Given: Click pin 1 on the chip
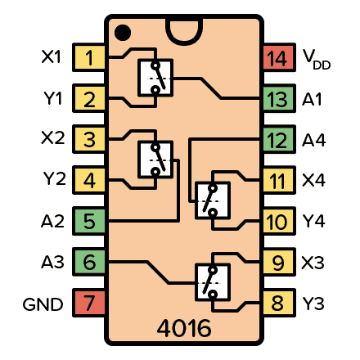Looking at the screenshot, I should [x=89, y=58].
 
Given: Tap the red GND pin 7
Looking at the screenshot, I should [x=89, y=304].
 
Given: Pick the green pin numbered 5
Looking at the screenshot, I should [x=89, y=222].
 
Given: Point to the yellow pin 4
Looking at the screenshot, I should [x=89, y=181].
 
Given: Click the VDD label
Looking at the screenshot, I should [x=317, y=59].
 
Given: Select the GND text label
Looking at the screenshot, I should [x=43, y=304].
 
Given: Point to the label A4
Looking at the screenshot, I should [x=313, y=140].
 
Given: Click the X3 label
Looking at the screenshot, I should [x=313, y=263].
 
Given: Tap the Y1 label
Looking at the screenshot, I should [x=52, y=99].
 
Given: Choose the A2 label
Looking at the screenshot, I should [x=52, y=222].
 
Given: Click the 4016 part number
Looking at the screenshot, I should [x=183, y=329].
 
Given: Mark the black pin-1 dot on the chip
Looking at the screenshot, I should [x=123, y=32].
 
